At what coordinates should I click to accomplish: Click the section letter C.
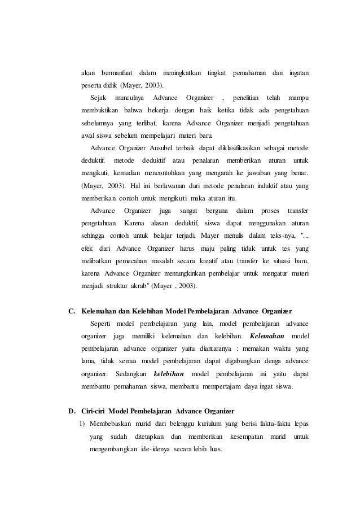(71, 311)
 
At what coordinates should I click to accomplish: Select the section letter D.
(71, 409)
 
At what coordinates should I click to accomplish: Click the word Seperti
(100, 324)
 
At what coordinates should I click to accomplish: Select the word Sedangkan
(131, 374)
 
